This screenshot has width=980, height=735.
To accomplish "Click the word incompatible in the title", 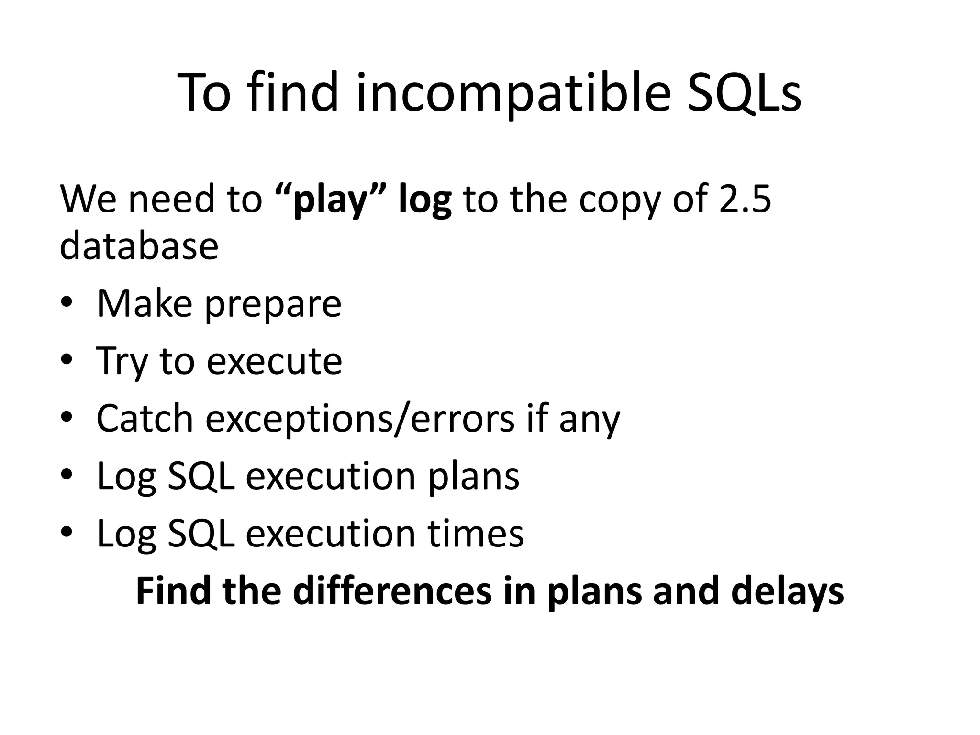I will click(x=515, y=93).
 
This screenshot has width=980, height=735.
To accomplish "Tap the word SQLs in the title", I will click(x=744, y=93).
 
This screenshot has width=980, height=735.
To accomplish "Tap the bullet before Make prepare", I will click(x=67, y=303).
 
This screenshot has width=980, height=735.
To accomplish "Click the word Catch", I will click(x=145, y=419).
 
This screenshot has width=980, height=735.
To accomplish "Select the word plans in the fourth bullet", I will click(x=473, y=478).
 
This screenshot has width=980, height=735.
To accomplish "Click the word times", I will click(x=476, y=534).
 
